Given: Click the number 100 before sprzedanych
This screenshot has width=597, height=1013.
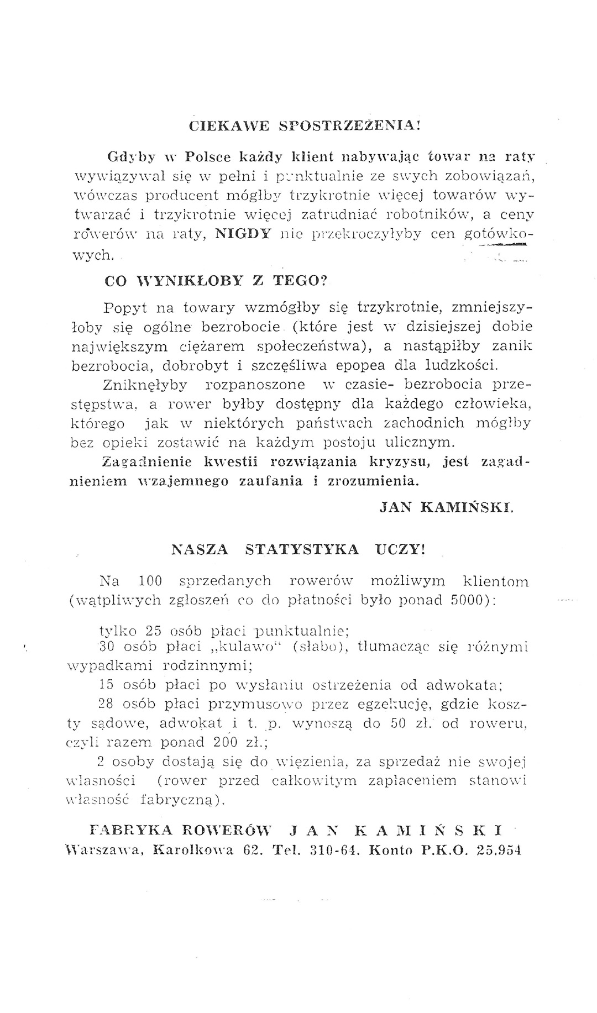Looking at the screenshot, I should [149, 581].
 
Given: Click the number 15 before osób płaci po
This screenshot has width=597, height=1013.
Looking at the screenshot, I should [105, 686].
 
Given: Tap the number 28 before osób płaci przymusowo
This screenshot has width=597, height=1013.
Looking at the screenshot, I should [105, 705].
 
